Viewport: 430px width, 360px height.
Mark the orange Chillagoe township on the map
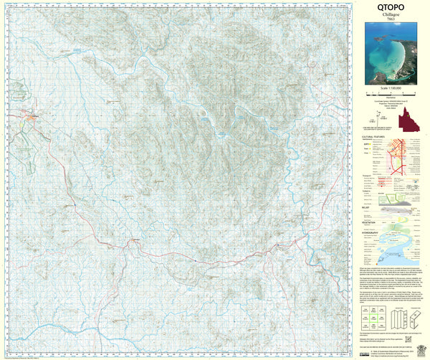coord(30,115)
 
